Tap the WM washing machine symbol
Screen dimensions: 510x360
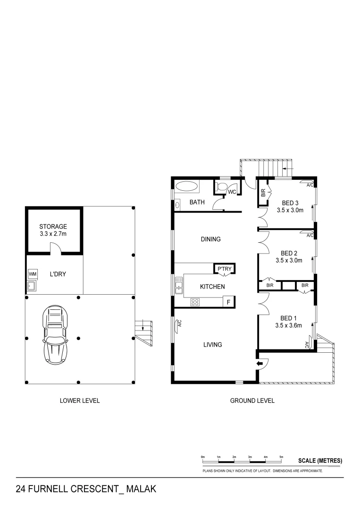tap(33, 274)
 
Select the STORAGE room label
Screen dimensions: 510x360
tap(53, 226)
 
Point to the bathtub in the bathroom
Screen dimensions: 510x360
tap(187, 187)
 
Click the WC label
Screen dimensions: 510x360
tap(232, 192)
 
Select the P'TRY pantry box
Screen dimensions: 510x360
tap(224, 269)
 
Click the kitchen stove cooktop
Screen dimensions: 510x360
tap(196, 302)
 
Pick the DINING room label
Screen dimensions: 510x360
tap(210, 239)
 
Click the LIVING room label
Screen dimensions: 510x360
tap(212, 345)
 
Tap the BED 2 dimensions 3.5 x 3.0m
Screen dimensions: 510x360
tap(289, 260)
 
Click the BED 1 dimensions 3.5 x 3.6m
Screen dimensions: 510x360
tap(289, 325)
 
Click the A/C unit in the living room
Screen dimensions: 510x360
tap(180, 323)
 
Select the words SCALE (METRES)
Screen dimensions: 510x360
tap(320, 460)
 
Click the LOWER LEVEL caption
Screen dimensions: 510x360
tap(80, 400)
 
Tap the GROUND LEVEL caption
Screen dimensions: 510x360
tap(252, 400)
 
